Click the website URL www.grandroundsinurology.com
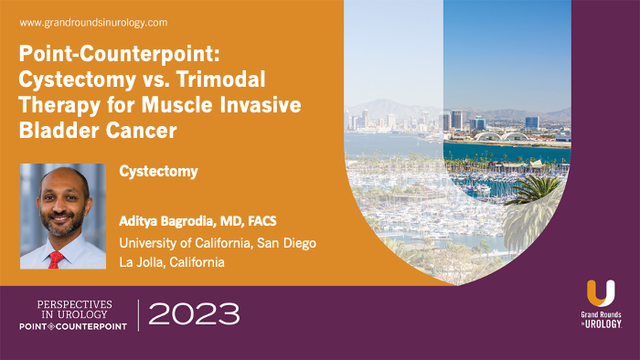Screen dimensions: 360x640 [x=93, y=21]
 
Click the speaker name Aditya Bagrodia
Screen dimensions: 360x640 [x=168, y=222]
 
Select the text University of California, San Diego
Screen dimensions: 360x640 [x=218, y=242]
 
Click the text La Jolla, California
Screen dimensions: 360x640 [x=171, y=262]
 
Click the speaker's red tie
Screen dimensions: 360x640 [x=58, y=259]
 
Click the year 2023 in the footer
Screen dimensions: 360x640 [x=193, y=314]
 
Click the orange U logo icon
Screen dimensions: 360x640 [x=600, y=295]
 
